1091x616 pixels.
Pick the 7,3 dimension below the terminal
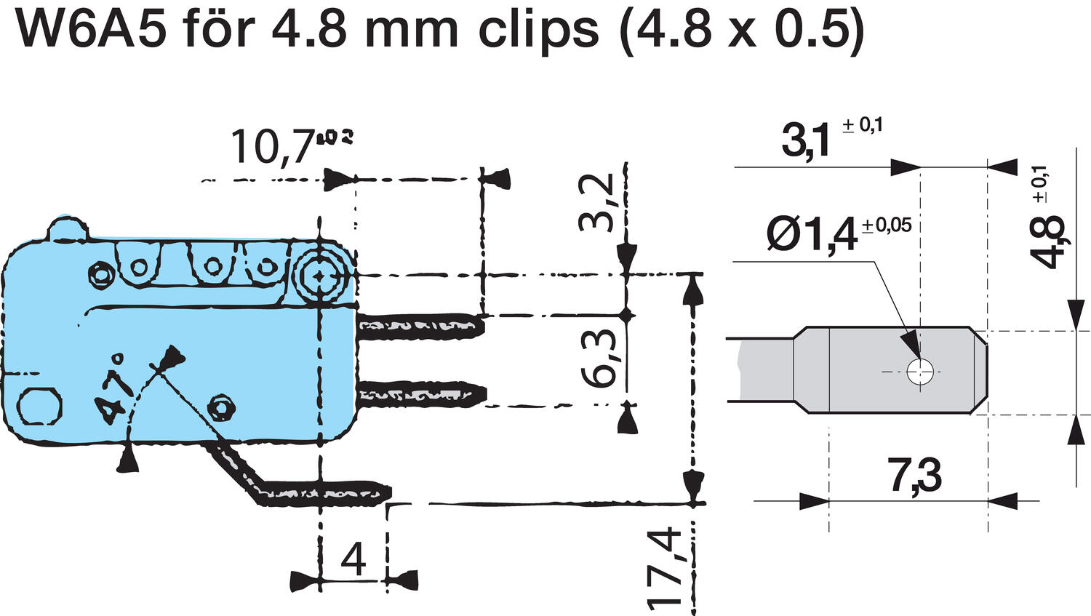pos(914,476)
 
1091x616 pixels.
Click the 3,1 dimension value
pos(806,141)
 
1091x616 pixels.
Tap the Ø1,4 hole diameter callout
pos(812,235)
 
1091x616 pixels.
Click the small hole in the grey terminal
pos(919,372)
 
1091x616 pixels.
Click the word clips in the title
pos(537,29)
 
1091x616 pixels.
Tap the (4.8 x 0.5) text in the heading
pos(741,29)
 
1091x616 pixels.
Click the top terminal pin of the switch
pos(420,325)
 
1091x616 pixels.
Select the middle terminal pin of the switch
pos(420,393)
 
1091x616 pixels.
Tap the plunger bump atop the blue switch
pos(69,228)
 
